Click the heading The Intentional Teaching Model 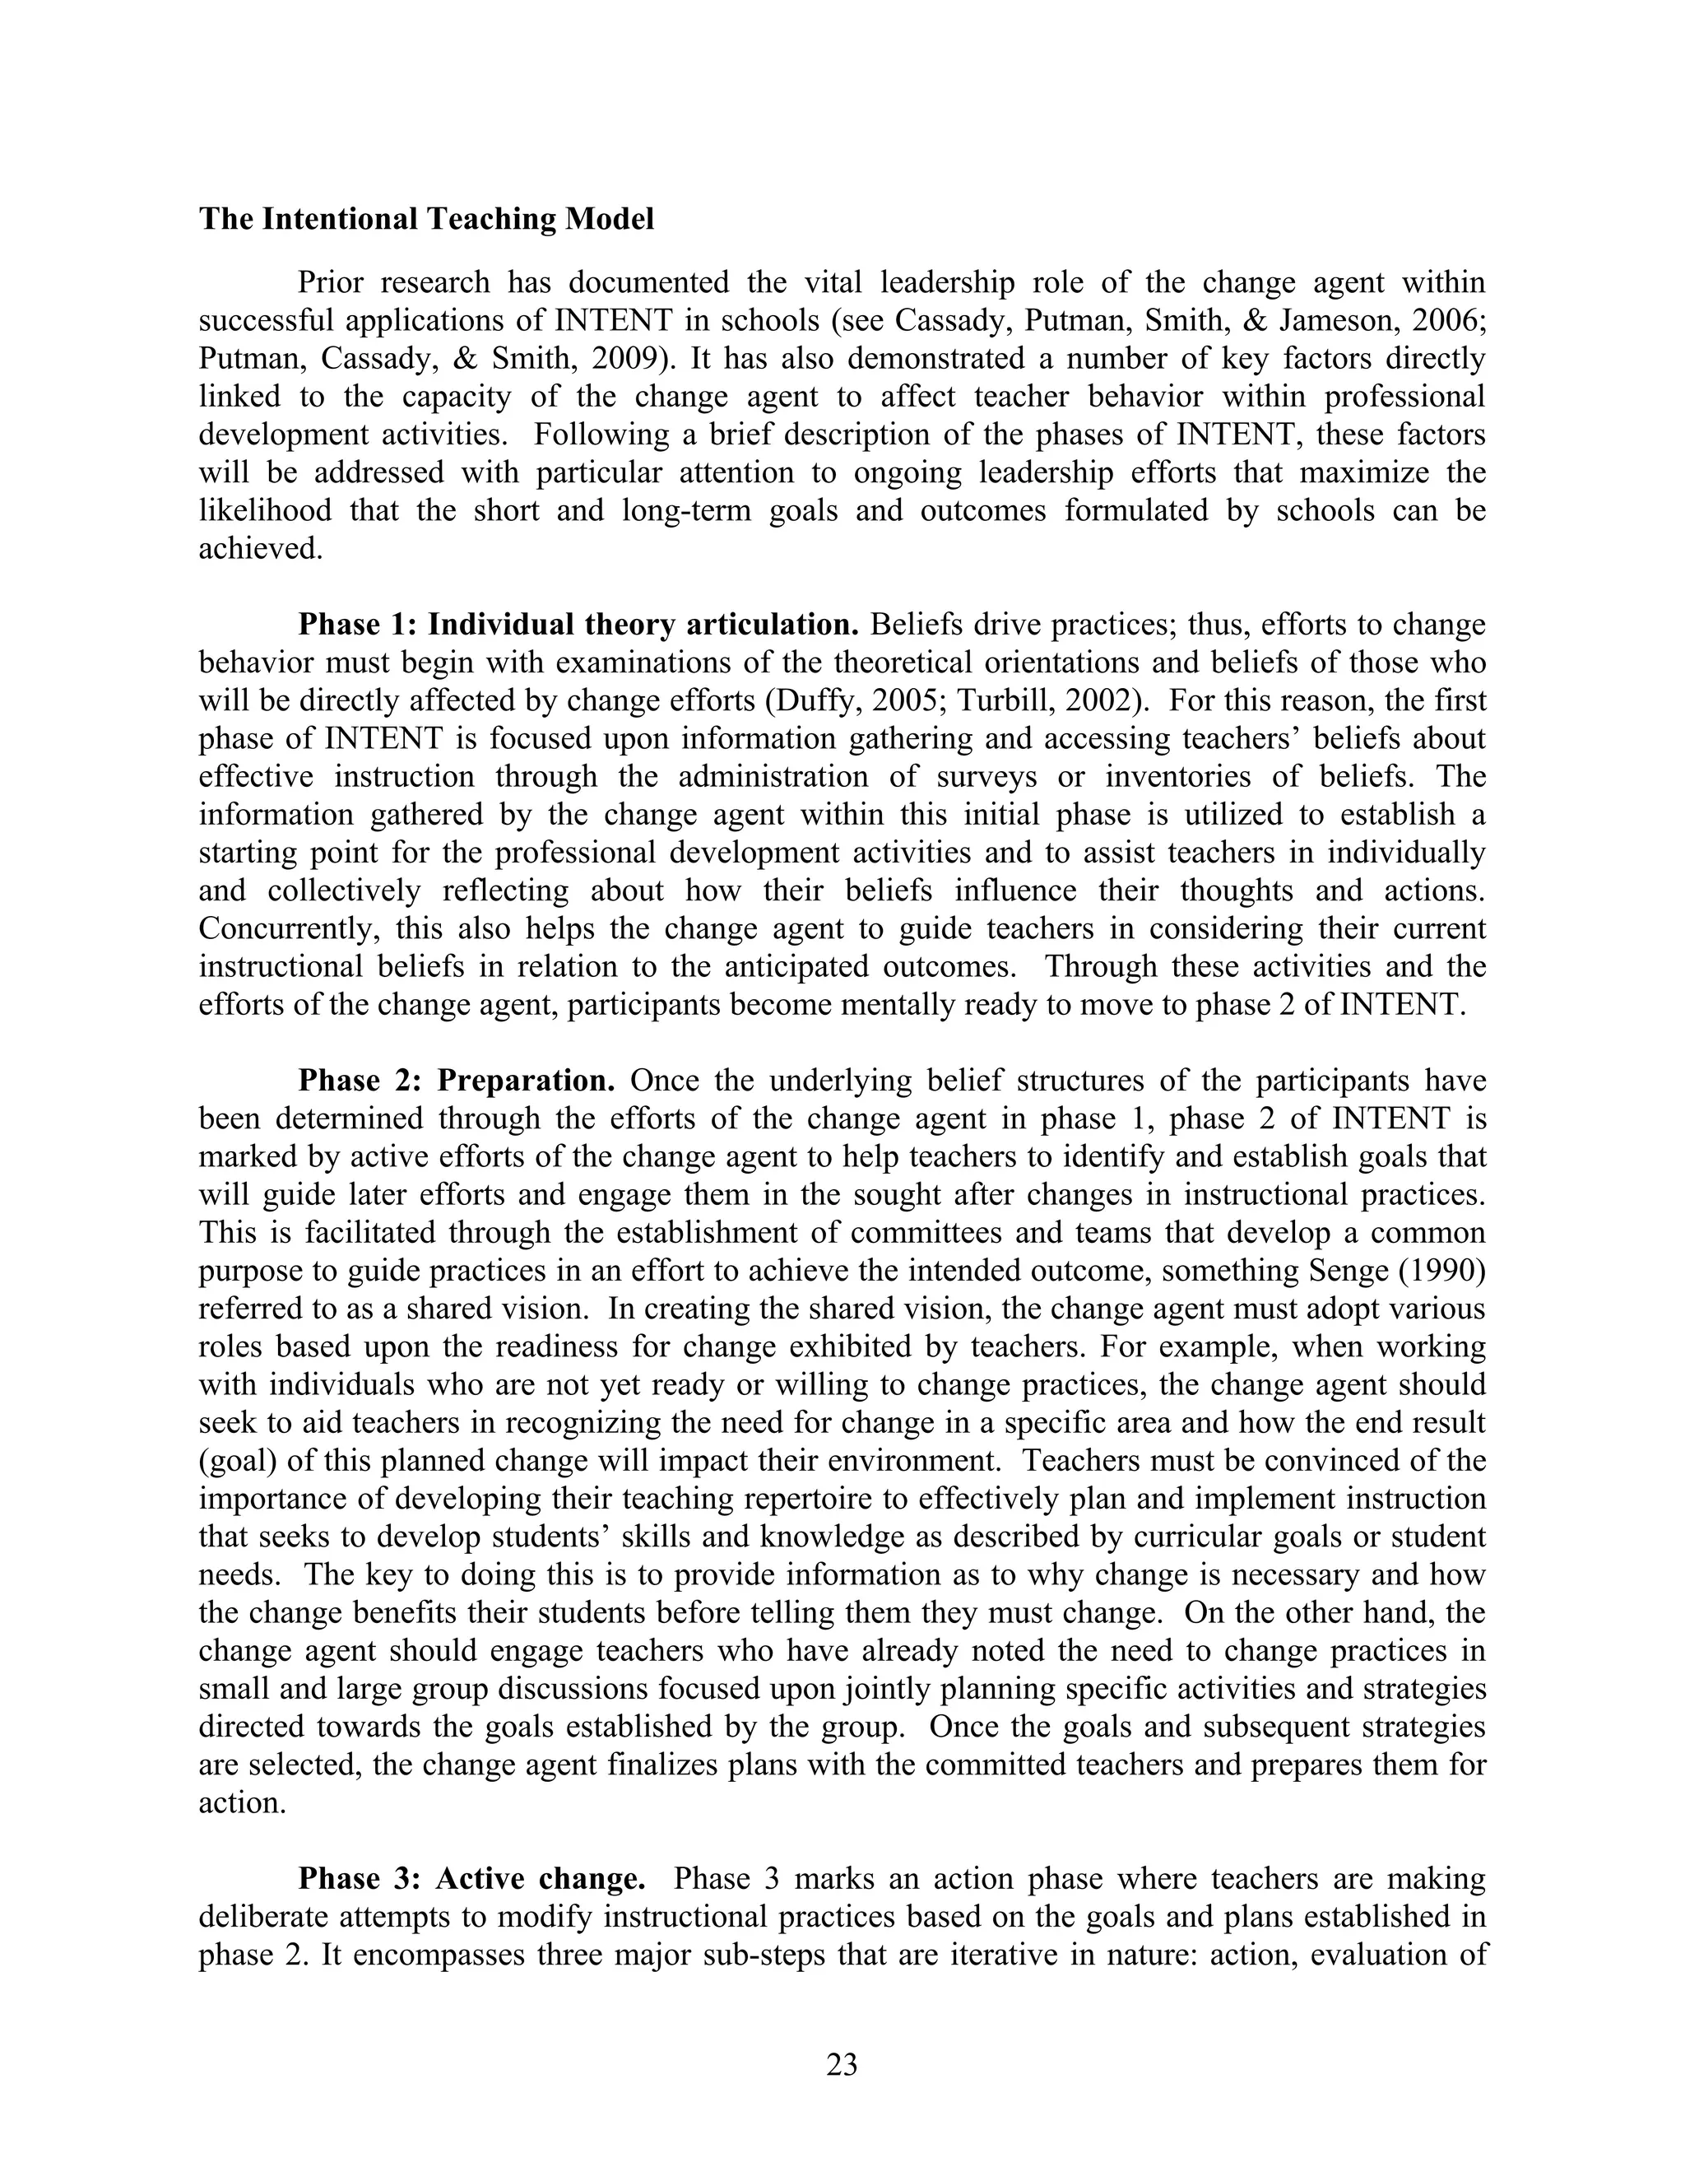click(x=426, y=220)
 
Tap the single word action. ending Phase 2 click(x=243, y=1803)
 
